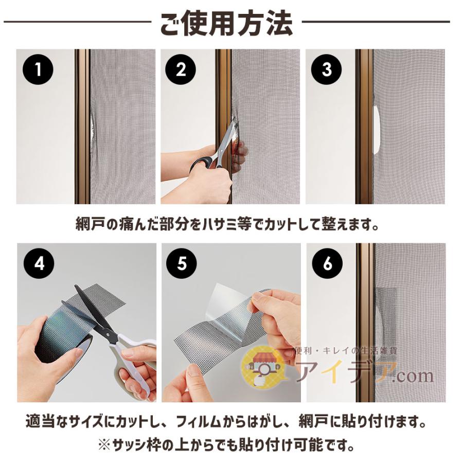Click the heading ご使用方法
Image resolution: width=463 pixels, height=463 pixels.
226,23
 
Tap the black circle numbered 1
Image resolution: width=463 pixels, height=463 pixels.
38,69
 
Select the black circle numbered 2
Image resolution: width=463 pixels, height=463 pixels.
181,69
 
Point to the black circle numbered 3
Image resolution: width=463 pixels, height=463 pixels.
326,69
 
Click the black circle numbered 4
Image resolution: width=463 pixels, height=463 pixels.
39,263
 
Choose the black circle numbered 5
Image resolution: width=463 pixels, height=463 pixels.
181,263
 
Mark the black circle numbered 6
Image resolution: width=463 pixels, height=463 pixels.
327,263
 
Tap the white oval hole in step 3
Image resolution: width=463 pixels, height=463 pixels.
377,131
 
